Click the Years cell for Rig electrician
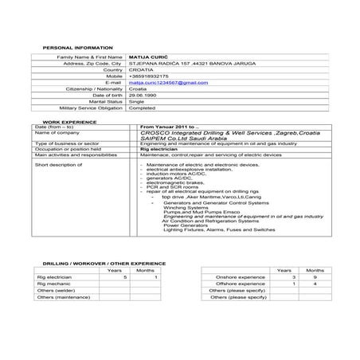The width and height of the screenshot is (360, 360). pos(125,277)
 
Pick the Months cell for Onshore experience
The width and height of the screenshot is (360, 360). pos(315,277)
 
